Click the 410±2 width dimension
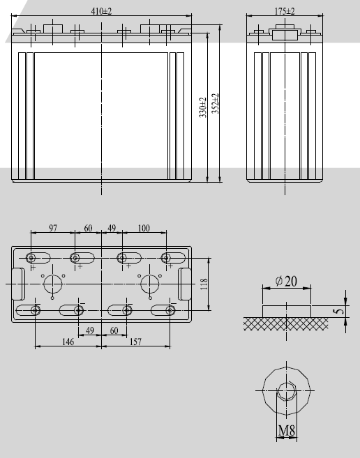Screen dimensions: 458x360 (x=103, y=11)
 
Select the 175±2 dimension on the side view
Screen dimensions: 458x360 (x=284, y=11)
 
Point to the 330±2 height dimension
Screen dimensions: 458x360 (x=202, y=107)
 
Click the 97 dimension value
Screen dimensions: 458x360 (x=53, y=229)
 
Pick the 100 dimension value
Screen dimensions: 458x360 (x=144, y=229)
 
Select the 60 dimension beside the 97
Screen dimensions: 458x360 (x=89, y=229)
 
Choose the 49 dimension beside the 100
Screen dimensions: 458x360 (x=112, y=229)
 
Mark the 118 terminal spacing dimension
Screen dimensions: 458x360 (x=204, y=284)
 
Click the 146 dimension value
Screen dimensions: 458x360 (x=68, y=342)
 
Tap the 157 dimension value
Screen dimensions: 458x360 (x=137, y=342)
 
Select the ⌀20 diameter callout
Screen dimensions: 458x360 (x=287, y=281)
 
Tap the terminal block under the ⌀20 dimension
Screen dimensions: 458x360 (x=286, y=310)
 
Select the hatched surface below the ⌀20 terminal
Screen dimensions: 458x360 (x=286, y=323)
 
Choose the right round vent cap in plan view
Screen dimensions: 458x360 (x=149, y=284)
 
